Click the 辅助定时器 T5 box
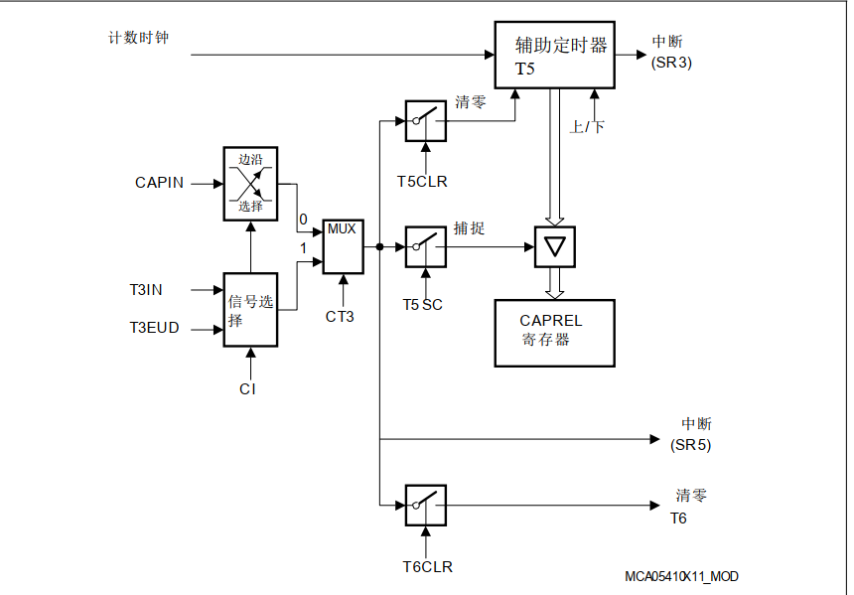point(554,55)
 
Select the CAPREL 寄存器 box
point(554,332)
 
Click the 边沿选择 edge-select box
point(250,183)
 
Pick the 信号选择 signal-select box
point(250,309)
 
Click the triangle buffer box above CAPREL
point(554,246)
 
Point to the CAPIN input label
point(159,183)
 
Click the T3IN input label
point(146,290)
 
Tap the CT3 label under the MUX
point(340,317)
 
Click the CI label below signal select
point(247,389)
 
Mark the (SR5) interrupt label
point(690,444)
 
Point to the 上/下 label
point(586,127)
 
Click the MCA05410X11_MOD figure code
point(681,577)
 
